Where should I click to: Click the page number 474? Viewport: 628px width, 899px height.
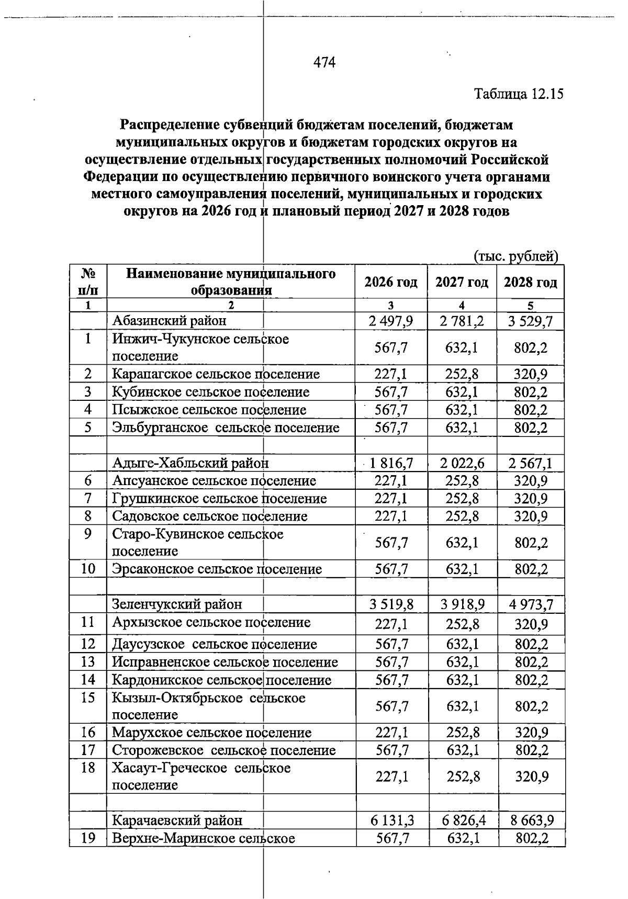[324, 63]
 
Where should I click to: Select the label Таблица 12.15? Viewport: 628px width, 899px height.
[519, 94]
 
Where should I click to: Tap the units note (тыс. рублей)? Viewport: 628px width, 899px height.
[516, 256]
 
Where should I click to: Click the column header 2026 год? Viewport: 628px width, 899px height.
[391, 283]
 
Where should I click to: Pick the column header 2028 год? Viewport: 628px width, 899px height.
[530, 283]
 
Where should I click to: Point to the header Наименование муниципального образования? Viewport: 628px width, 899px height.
[231, 282]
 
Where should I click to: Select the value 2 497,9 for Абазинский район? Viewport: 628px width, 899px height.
[391, 321]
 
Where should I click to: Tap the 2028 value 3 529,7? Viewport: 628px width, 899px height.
[530, 321]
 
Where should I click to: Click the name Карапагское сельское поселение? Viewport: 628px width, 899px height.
[216, 374]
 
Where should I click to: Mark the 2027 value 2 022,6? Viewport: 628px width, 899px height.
[462, 463]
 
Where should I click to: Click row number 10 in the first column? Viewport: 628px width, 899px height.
[88, 569]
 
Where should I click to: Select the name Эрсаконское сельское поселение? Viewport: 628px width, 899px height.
[217, 569]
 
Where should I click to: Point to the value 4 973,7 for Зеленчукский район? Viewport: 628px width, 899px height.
[531, 605]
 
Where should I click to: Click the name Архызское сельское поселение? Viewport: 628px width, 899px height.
[211, 623]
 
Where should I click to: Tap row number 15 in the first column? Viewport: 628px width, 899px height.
[88, 698]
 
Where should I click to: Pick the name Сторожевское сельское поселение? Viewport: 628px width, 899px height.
[223, 750]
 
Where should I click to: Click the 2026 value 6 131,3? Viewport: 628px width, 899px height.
[391, 821]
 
